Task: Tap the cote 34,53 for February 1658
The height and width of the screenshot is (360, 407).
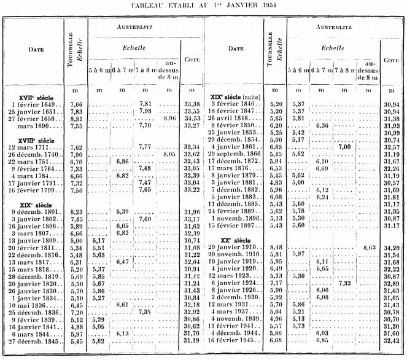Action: tap(193, 118)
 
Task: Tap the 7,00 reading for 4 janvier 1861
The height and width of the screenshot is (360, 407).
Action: tap(343, 147)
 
